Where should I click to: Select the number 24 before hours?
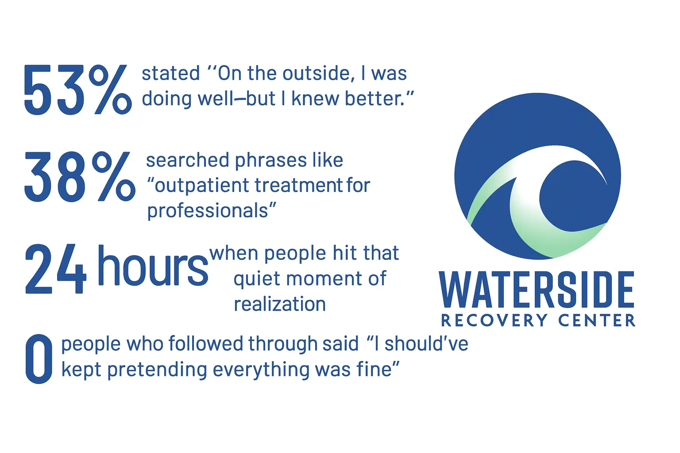(55, 269)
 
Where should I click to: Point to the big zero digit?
(39, 359)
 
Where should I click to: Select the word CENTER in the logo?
(597, 320)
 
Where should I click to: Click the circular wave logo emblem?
(537, 176)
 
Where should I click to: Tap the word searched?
(188, 160)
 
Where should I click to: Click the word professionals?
(208, 211)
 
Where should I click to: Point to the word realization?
(280, 304)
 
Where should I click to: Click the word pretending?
(157, 370)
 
